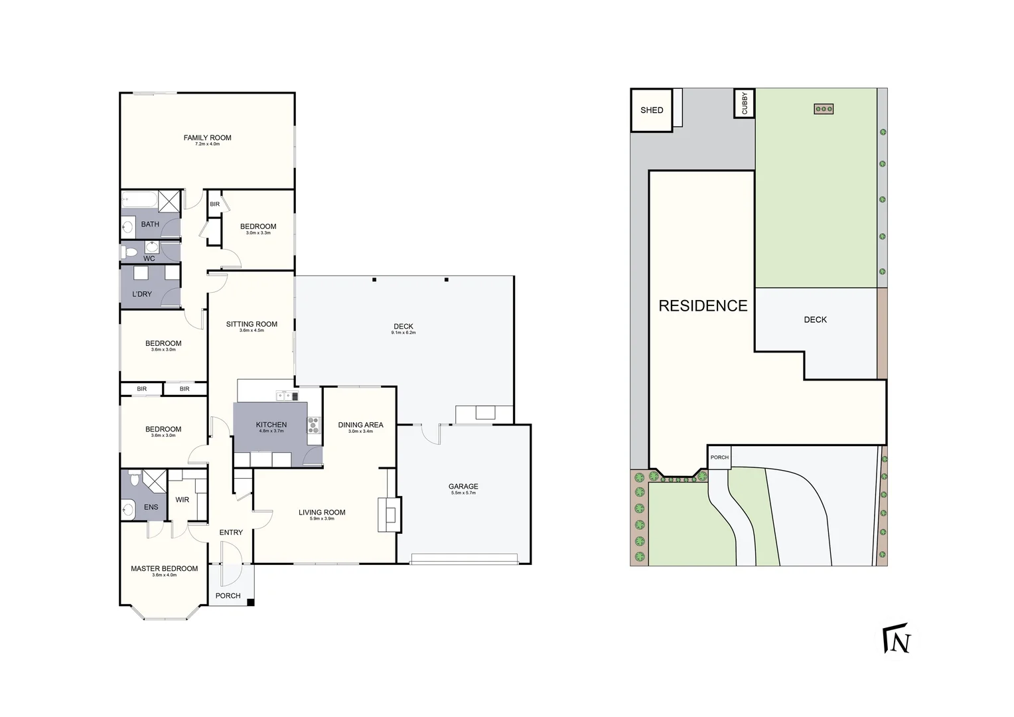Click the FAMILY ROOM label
(207, 138)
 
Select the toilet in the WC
(129, 252)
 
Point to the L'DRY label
(142, 294)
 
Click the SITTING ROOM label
(252, 325)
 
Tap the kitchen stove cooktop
(313, 425)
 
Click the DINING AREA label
(360, 425)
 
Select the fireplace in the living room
(389, 514)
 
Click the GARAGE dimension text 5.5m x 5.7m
(463, 493)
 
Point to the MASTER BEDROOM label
(164, 569)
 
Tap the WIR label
(182, 500)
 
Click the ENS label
(151, 507)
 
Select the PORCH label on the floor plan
(228, 596)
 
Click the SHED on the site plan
(651, 110)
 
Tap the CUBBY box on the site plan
(744, 104)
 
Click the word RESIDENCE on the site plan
(703, 306)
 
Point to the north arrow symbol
(897, 639)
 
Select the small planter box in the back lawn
(824, 109)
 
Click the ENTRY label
(231, 532)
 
